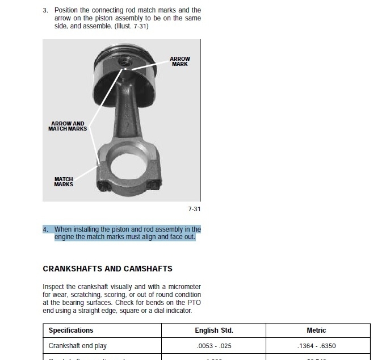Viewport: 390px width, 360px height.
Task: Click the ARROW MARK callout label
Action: [180, 61]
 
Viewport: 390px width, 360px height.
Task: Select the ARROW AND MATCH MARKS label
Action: [68, 126]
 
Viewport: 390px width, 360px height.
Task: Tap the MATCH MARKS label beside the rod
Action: [64, 182]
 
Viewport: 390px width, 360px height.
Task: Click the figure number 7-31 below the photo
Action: [194, 209]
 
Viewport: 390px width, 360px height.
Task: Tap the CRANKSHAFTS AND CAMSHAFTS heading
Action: [107, 269]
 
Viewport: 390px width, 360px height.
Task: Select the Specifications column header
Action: [71, 330]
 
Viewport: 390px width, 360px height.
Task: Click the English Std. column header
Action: [215, 330]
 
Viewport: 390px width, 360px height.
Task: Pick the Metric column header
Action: [316, 330]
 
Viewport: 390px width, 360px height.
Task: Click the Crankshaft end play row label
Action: [77, 346]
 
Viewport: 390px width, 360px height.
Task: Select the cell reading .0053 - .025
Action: [215, 346]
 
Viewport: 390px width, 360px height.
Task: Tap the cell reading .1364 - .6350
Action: [316, 346]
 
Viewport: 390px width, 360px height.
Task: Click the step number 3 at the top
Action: [45, 10]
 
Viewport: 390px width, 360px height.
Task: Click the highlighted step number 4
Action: [45, 229]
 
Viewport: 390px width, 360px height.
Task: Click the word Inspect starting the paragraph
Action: [53, 287]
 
